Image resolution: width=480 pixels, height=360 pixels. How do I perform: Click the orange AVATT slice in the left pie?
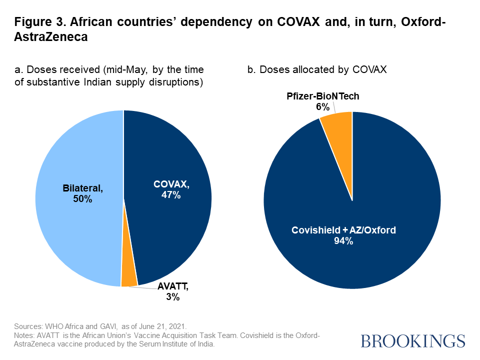(x=129, y=277)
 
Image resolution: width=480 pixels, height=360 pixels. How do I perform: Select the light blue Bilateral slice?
(x=80, y=220)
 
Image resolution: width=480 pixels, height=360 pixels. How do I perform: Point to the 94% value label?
(x=344, y=241)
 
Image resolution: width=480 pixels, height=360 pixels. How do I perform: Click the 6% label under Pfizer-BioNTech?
(x=322, y=106)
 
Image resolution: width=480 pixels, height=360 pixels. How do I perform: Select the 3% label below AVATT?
(x=173, y=297)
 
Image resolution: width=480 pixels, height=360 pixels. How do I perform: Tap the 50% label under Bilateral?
(x=82, y=198)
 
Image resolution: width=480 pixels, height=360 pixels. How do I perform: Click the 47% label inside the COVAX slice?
(x=171, y=195)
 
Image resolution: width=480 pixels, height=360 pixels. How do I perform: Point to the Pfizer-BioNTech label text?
(x=323, y=96)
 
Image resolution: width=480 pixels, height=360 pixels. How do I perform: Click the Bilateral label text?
(x=82, y=188)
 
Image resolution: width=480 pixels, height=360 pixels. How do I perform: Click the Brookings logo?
(x=412, y=341)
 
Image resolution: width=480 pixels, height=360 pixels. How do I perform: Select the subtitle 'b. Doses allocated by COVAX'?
(x=317, y=70)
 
